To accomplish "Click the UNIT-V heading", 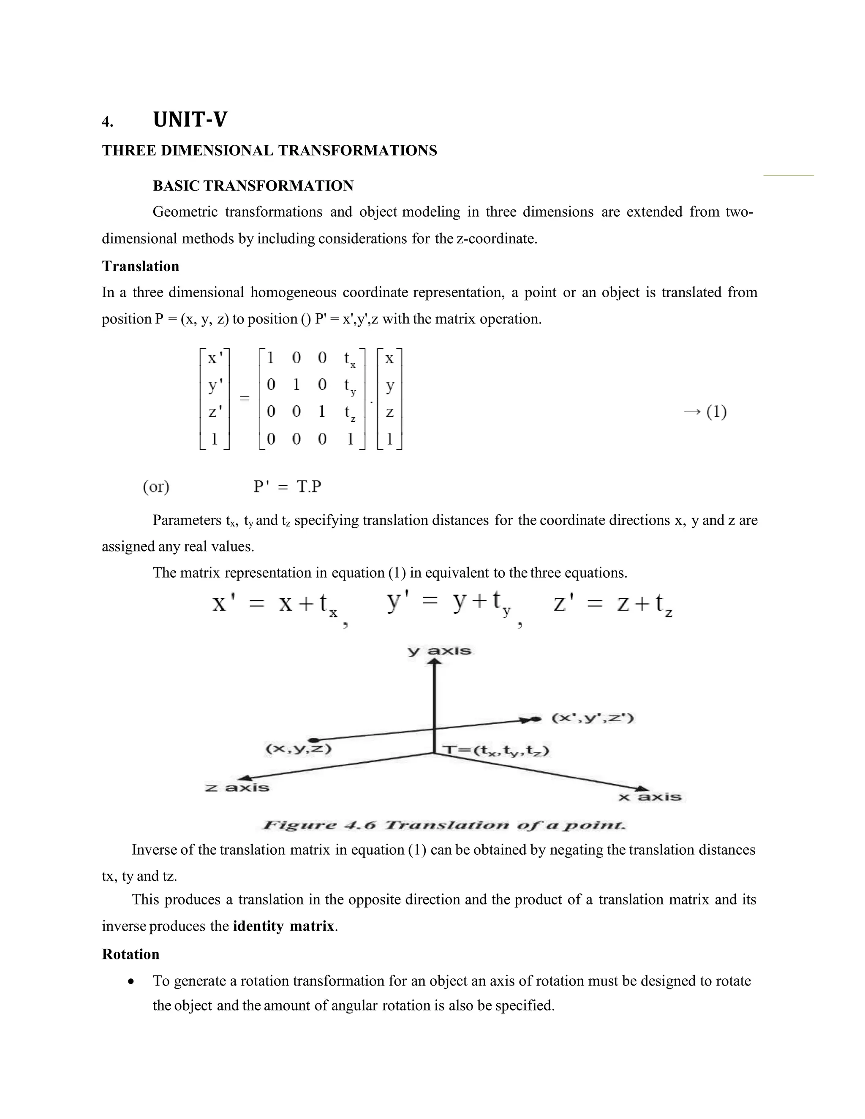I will pos(190,120).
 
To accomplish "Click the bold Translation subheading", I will pos(140,266).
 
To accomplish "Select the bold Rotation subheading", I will pos(131,954).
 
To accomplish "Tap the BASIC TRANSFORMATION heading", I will pos(253,186).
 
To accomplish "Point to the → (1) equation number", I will pos(705,412).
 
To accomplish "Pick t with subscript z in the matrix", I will pos(349,413).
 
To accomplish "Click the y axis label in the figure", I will pos(439,651).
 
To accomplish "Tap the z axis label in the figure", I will pos(237,788).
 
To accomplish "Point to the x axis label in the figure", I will pos(650,797).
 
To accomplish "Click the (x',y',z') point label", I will pos(593,718).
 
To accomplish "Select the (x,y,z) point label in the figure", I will pos(298,749).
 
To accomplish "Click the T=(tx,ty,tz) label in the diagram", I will pos(495,751).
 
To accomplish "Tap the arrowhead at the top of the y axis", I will pos(435,663).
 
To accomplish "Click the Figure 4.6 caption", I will pos(444,826).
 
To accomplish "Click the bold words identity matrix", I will pos(283,926).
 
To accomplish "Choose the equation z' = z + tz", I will pos(612,605).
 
